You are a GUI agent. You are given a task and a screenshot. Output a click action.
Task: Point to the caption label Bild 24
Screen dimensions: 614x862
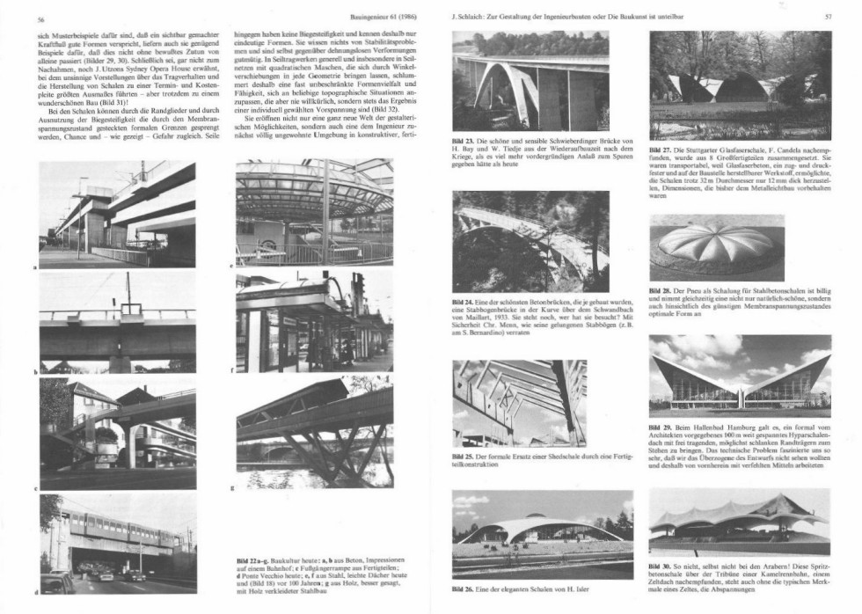point(463,301)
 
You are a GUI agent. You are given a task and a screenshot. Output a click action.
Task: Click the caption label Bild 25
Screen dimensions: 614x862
point(463,457)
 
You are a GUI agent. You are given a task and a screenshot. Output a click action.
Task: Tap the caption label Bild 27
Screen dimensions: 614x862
point(661,150)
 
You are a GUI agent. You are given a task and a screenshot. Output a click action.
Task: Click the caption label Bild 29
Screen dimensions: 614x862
point(661,428)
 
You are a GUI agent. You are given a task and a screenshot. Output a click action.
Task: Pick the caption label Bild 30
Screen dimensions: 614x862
point(661,566)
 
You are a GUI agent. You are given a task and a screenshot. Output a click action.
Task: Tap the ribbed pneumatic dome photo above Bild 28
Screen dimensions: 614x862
point(740,247)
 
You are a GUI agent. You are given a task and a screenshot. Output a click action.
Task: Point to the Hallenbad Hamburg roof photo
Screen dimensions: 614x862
point(740,375)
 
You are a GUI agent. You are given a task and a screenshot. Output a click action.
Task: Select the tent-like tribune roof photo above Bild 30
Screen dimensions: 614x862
point(740,523)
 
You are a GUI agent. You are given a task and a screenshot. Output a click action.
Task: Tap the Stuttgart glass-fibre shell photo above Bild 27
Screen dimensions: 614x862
point(740,85)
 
